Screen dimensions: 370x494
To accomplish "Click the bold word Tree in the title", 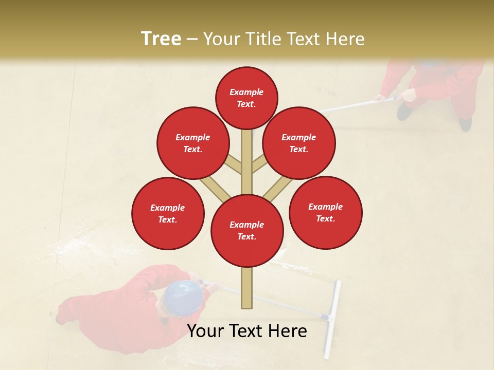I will point(161,39).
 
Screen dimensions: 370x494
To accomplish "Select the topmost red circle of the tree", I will point(246,98).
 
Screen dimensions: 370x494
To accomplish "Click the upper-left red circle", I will point(193,143).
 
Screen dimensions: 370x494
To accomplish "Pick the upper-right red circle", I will point(299,143).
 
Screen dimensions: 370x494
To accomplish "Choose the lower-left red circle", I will point(168,214).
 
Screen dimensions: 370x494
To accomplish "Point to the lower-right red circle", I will point(326,213).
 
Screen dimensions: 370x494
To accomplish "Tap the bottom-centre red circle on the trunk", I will point(247,231).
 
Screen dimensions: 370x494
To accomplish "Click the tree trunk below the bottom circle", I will point(247,288).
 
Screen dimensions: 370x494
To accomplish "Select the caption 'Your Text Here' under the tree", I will point(247,331).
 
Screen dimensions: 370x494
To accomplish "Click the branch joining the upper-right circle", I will point(259,164).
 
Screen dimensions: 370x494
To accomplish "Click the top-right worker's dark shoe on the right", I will point(465,123).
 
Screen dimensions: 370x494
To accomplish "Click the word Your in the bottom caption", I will point(206,331).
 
